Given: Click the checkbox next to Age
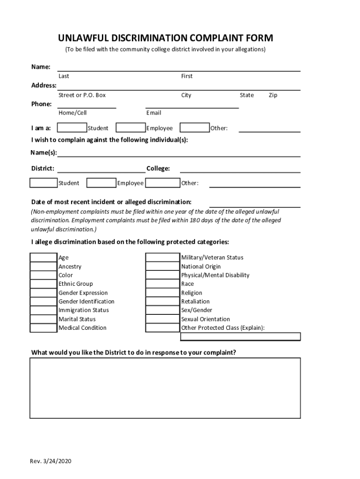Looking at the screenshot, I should (x=43, y=257).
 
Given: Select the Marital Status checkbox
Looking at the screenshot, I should (x=43, y=319).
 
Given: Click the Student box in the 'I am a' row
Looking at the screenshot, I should (x=72, y=128).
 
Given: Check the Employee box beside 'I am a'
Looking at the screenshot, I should (x=130, y=128).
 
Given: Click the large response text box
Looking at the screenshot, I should (x=166, y=388).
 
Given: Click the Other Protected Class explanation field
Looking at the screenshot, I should (x=240, y=336).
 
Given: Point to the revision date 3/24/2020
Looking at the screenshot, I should (x=58, y=462).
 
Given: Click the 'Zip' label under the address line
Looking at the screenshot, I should (x=273, y=95).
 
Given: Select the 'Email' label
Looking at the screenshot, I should (x=153, y=113).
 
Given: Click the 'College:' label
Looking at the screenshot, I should (x=158, y=168).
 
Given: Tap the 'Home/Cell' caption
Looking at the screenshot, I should (x=72, y=113).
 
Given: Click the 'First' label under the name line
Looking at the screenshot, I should (x=187, y=76).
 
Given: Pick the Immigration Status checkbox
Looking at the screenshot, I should (x=43, y=310).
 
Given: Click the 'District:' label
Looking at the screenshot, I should (x=43, y=168).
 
